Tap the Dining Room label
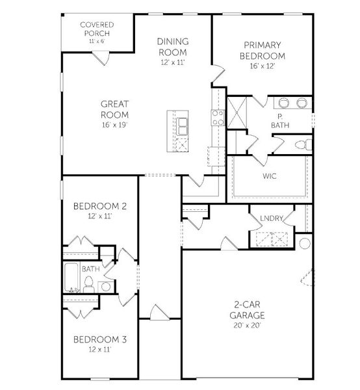172,47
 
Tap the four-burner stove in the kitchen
217,118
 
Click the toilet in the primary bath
300,145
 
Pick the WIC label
270,176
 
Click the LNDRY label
271,218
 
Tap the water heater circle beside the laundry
305,244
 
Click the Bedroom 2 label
99,206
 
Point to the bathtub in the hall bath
71,278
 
